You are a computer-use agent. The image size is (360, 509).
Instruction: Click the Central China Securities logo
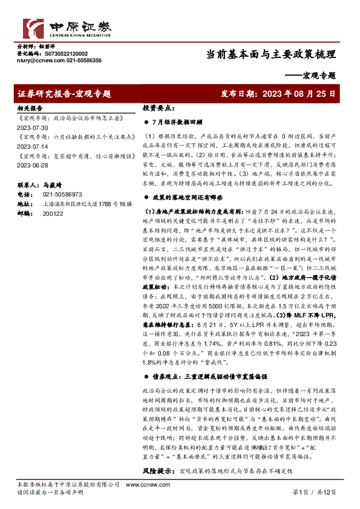(x=67, y=27)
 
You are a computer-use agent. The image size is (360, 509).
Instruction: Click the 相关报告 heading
(x=28, y=106)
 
